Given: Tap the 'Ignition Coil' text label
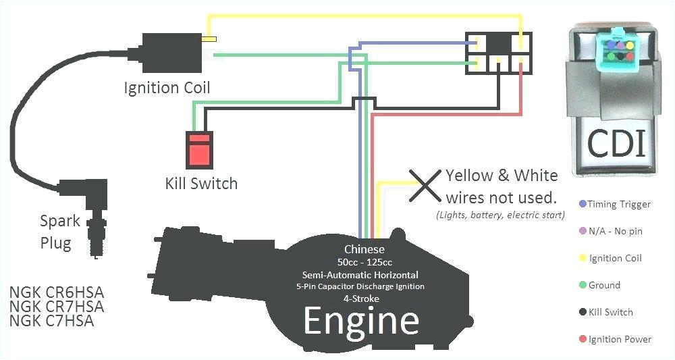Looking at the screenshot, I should [167, 88].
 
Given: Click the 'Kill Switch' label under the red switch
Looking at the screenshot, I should [201, 183].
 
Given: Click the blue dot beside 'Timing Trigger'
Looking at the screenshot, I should [583, 204].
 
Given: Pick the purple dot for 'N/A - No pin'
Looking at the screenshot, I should [583, 231].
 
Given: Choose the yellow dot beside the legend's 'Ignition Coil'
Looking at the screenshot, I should [583, 258].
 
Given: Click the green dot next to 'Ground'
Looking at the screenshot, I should [583, 285].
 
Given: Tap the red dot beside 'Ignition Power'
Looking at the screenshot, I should [583, 339].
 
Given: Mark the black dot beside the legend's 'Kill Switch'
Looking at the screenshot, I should [583, 312].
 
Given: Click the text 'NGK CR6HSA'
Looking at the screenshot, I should [57, 292].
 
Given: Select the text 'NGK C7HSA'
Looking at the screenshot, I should [52, 321].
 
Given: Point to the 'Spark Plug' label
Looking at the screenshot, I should [59, 232].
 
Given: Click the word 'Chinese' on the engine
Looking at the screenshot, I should [364, 249].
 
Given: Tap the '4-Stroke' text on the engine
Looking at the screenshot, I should [361, 298].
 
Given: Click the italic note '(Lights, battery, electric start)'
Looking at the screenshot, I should [500, 215].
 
